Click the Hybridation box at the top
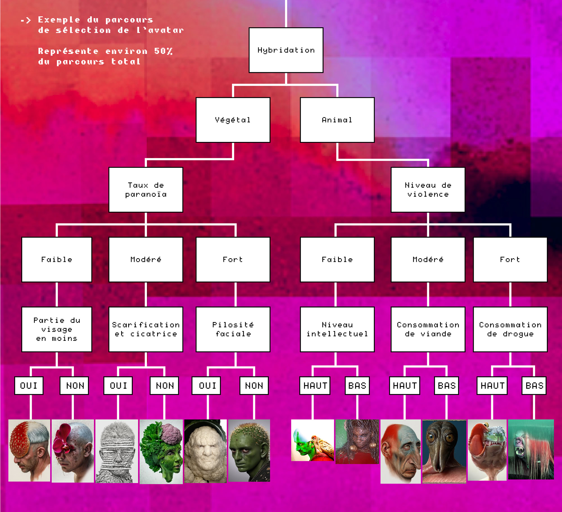[286, 50]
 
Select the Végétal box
[233, 120]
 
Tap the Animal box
[337, 120]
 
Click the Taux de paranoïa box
[146, 190]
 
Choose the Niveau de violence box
[427, 190]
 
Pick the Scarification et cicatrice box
[146, 329]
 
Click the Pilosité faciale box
[233, 329]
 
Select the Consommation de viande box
[428, 329]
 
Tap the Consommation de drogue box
[510, 329]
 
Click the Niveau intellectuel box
[337, 329]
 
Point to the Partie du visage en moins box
[56, 329]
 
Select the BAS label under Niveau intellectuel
[357, 385]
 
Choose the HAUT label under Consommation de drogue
[492, 385]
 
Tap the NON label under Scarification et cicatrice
[164, 385]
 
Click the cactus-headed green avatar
[249, 450]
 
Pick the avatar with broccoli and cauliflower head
[161, 451]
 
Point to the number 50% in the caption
[163, 51]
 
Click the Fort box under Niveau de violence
[510, 259]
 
